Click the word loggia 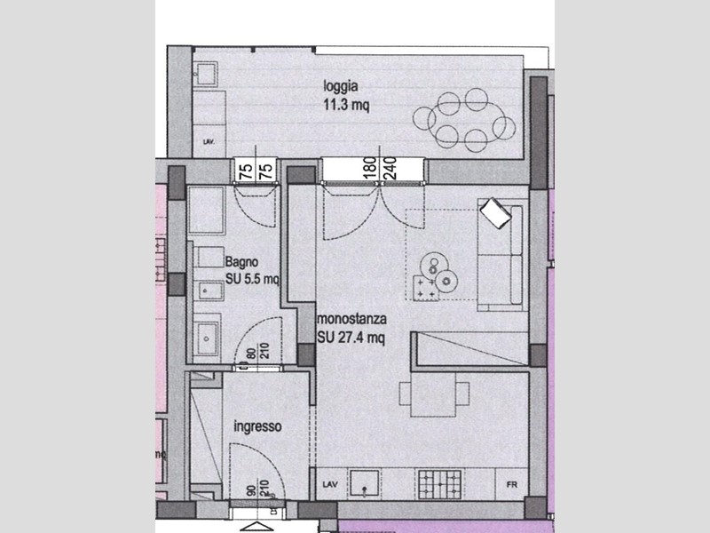341,87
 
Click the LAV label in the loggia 209,142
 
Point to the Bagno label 241,262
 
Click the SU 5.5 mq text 252,278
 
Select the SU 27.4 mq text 351,336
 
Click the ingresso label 257,426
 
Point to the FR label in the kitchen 511,485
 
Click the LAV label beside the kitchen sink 325,485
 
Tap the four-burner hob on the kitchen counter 439,484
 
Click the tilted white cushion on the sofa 494,213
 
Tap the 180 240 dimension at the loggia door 376,170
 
